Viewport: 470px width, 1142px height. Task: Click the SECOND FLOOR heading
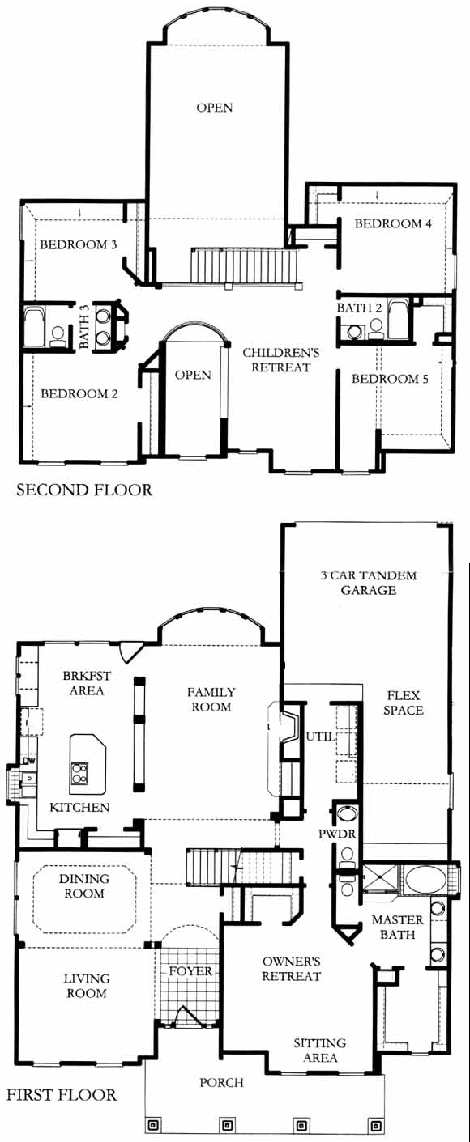pyautogui.click(x=85, y=490)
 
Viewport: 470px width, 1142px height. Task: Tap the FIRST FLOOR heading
pyautogui.click(x=62, y=1094)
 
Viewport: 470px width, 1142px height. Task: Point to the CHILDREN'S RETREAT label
pyautogui.click(x=281, y=360)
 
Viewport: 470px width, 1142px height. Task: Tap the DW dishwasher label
pyautogui.click(x=28, y=761)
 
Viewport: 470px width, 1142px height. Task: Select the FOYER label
pyautogui.click(x=190, y=971)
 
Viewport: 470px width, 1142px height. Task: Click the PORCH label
pyautogui.click(x=221, y=1082)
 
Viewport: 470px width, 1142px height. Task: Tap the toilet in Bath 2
pyautogui.click(x=376, y=329)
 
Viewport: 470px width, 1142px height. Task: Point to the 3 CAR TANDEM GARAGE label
pyautogui.click(x=369, y=583)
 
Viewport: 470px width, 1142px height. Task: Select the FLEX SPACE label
pyautogui.click(x=404, y=703)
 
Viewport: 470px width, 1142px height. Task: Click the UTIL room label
pyautogui.click(x=319, y=737)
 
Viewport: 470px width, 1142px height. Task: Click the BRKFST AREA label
pyautogui.click(x=87, y=683)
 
